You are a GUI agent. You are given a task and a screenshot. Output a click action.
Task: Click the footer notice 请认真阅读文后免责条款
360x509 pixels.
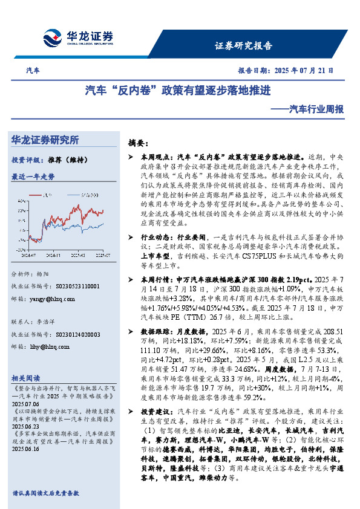tap(46, 493)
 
